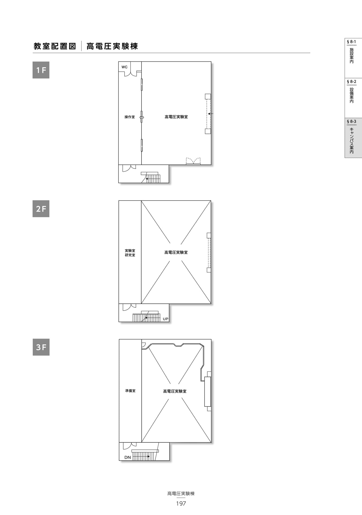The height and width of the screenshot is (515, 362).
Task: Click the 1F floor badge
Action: (x=41, y=70)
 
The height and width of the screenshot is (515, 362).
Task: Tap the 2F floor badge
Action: (x=41, y=209)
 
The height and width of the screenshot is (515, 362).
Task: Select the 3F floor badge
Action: (x=41, y=347)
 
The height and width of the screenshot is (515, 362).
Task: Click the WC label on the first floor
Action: (x=125, y=67)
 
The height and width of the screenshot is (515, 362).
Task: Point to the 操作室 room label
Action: (x=130, y=117)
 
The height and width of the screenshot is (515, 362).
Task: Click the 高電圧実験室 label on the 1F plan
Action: (x=176, y=117)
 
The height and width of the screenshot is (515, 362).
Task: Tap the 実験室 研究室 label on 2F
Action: (x=130, y=253)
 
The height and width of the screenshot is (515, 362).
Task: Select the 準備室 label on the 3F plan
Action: (x=130, y=391)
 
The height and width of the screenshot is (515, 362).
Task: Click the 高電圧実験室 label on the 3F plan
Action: (x=175, y=391)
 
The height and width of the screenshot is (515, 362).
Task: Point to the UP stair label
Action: (x=166, y=319)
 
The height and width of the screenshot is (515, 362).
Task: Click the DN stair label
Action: (x=128, y=457)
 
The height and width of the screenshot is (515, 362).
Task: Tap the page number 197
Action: (x=181, y=504)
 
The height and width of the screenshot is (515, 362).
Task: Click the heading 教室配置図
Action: (x=55, y=46)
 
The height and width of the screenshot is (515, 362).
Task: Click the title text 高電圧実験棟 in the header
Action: (x=112, y=46)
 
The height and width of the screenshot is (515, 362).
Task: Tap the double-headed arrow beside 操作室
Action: (x=142, y=117)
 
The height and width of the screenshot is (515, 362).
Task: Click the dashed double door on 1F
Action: (x=193, y=161)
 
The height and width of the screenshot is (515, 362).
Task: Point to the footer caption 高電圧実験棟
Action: (x=181, y=494)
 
